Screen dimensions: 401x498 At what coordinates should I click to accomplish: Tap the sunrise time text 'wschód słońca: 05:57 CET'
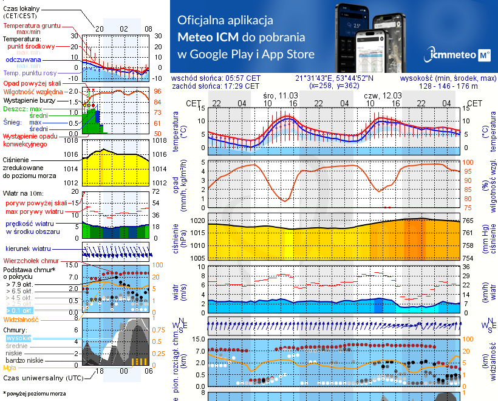point(216,78)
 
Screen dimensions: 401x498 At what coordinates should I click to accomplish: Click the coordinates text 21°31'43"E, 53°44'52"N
point(335,78)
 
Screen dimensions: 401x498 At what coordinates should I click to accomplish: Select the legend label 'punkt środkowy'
point(31,46)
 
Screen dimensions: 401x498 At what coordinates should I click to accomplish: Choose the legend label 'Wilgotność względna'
point(33,91)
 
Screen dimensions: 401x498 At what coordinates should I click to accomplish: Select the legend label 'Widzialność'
point(21,318)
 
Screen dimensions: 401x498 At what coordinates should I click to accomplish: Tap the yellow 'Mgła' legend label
point(10,368)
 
